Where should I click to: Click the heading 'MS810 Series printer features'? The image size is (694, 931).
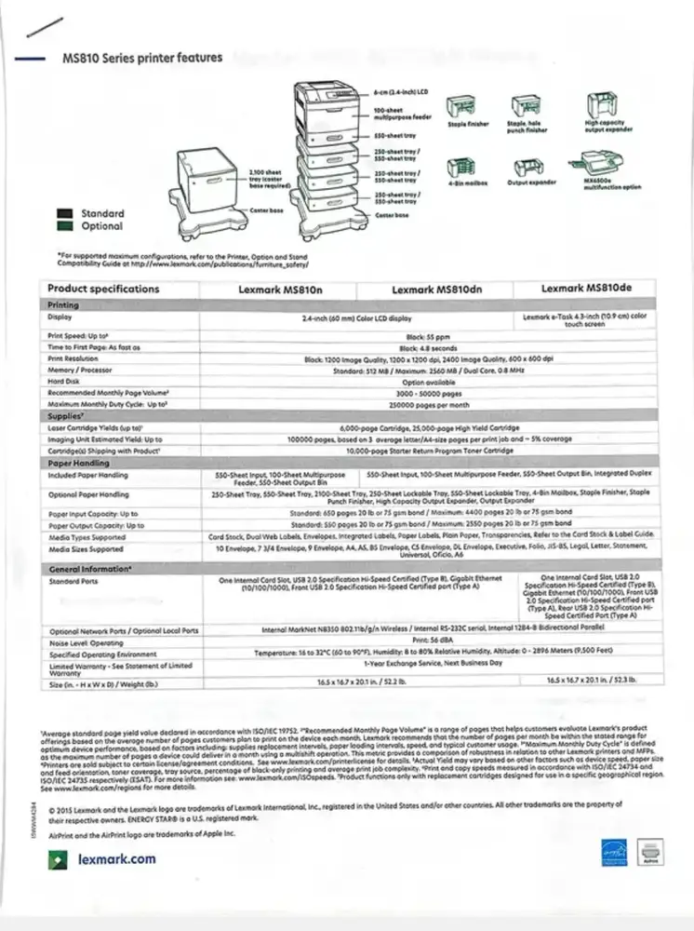141,58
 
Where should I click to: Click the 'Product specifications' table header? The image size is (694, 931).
103,289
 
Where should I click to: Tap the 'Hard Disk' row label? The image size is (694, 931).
64,382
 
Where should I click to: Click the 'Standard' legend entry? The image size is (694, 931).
100,213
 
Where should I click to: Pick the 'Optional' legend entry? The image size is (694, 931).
100,226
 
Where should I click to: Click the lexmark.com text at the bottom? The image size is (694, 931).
117,859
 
